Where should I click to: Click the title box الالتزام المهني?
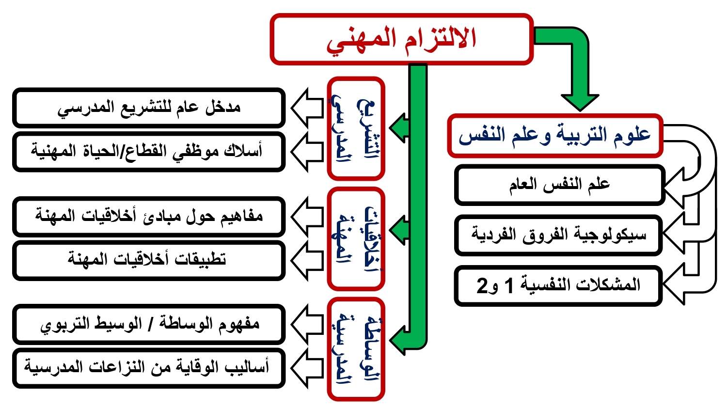(401, 39)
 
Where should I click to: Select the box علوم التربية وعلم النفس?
(555, 136)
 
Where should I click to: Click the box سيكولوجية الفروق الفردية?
(558, 235)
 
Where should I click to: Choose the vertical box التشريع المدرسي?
(356, 128)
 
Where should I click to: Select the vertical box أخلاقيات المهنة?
(356, 238)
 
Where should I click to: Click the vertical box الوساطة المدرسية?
(356, 349)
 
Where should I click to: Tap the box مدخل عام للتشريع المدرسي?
(149, 108)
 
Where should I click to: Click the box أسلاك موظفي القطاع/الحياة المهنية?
(149, 152)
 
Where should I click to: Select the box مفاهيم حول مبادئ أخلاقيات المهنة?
(149, 217)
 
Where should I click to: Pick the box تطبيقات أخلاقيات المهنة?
(149, 260)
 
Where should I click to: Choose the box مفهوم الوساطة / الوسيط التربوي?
(149, 324)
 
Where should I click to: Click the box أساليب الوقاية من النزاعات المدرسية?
(149, 368)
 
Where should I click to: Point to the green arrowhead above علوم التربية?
(580, 102)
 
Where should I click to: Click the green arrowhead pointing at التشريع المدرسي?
(399, 128)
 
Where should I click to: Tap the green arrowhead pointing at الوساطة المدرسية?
(399, 340)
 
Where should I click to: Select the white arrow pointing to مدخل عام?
(307, 108)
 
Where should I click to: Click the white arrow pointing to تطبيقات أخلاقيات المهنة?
(307, 260)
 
